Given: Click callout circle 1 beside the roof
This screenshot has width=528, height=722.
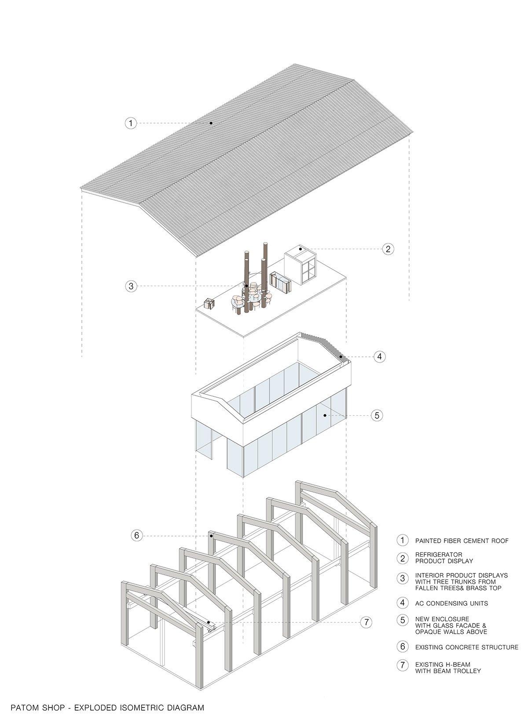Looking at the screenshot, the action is coord(131,123).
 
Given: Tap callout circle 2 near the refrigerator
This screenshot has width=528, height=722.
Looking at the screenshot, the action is coord(388,249).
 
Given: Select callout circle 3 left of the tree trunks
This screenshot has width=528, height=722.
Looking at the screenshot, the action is coord(131,286).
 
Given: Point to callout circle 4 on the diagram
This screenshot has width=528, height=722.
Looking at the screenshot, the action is coord(380,356).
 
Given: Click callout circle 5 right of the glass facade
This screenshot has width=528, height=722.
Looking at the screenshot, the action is coord(377,415).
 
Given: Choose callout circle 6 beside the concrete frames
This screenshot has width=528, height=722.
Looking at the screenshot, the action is coord(136,535).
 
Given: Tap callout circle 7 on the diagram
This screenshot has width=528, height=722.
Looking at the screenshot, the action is coord(367,622).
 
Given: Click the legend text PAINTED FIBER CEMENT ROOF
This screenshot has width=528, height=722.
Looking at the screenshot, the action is coord(462,541).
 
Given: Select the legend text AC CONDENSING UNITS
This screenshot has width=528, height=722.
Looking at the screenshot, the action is coord(451,603).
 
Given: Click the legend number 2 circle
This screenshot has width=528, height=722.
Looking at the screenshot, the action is coord(403,558).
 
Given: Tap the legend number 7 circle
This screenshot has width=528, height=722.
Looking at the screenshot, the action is coord(403,665).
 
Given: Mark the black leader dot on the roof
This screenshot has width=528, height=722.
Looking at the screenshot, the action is coord(211,123).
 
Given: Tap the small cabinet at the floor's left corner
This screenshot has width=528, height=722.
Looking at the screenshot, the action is coord(209,304).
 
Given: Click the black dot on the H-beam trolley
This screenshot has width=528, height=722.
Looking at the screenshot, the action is coord(209,622).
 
